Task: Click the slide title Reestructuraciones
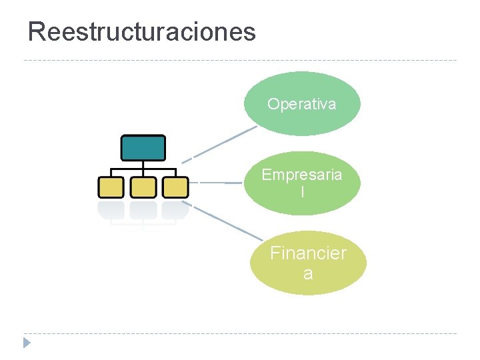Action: [141, 31]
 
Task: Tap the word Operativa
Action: [302, 104]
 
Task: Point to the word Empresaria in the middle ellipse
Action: [302, 175]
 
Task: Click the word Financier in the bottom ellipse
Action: [308, 253]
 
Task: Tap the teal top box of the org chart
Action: [143, 147]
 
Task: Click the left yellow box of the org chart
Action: [111, 187]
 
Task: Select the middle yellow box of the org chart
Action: [143, 187]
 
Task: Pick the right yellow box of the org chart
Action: [175, 187]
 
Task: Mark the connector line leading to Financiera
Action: [223, 220]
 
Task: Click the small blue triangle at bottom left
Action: [26, 343]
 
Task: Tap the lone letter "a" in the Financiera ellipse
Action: [308, 273]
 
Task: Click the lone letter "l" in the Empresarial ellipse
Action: [302, 192]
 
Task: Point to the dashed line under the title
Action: [240, 61]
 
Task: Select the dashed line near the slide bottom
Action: [240, 333]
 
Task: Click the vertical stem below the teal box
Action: [143, 165]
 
